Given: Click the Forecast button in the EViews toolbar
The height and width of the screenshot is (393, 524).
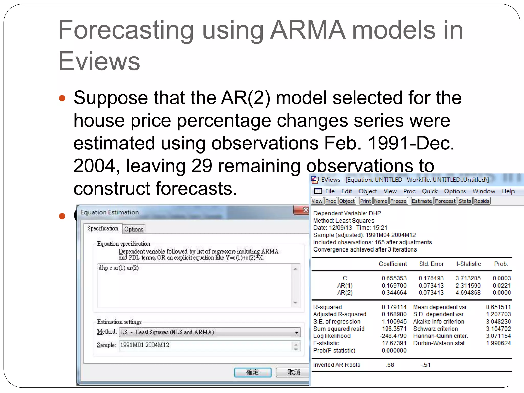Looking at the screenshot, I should (445, 201).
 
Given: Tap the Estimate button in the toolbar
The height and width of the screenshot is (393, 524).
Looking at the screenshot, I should (422, 201).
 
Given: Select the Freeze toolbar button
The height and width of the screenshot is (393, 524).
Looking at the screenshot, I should (398, 201).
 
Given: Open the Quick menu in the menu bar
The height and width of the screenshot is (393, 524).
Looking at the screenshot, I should (430, 191).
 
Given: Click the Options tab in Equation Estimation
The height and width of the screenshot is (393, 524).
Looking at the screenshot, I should (134, 229).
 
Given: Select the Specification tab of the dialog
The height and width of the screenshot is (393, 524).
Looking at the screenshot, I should (103, 228).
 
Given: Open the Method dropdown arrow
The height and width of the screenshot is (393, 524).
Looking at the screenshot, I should (296, 332).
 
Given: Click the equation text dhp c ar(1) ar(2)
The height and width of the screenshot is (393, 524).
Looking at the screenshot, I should (119, 268).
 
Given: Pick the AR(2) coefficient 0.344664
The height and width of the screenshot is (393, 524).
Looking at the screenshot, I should (394, 293).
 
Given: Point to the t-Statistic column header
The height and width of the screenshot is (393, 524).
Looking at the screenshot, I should (468, 264).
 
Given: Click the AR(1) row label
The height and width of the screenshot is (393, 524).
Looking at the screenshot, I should (345, 286).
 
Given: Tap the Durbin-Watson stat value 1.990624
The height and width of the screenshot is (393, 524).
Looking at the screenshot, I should (498, 343).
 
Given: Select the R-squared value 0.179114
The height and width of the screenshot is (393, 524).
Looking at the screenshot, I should (394, 307).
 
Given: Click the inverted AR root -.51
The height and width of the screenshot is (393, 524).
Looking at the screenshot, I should (425, 365).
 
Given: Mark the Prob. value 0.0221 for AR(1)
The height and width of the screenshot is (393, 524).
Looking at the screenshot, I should (501, 286).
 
